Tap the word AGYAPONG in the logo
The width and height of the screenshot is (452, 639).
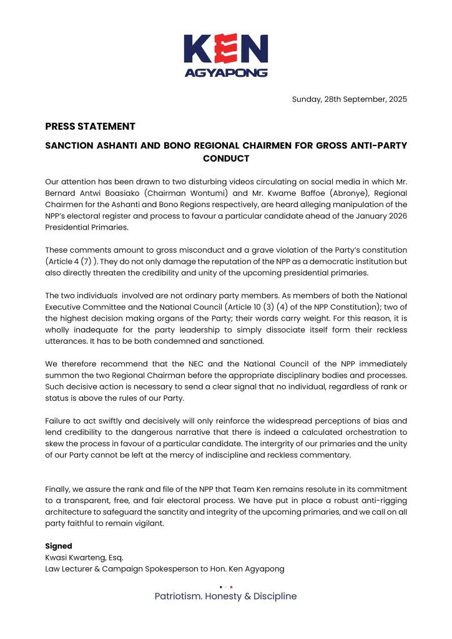226,72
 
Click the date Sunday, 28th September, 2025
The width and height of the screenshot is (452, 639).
349,99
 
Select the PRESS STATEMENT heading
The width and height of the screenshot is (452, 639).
90,126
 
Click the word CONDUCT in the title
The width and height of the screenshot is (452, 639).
226,159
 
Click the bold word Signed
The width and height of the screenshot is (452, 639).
59,546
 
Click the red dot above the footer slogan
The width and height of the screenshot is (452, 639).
231,587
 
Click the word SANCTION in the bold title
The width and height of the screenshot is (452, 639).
70,145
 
